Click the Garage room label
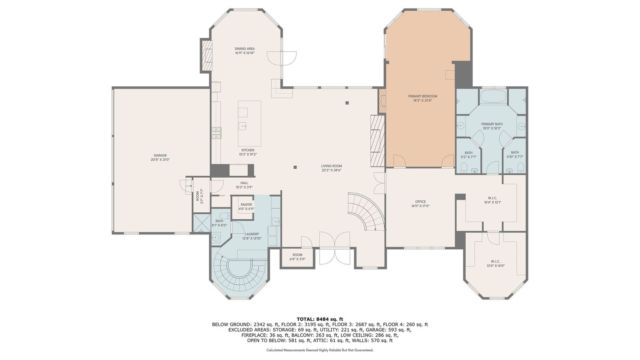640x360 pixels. [x=160, y=156]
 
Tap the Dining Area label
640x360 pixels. [x=245, y=49]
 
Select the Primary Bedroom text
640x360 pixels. [x=422, y=96]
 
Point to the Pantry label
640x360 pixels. [x=246, y=204]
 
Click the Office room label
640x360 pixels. [x=420, y=202]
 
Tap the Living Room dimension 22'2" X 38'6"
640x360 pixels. [x=332, y=170]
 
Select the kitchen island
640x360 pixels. [x=249, y=121]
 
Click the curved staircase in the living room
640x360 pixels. [x=365, y=211]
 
